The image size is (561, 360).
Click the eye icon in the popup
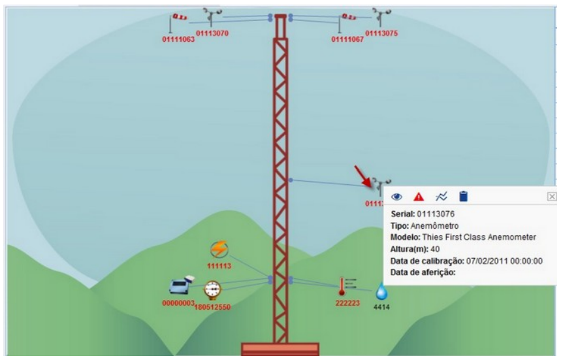tap(397, 196)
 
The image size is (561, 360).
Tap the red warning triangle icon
tap(419, 196)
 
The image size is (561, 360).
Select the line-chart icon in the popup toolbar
tap(441, 196)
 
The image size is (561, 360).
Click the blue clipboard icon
tap(463, 196)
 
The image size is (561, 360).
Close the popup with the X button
tap(551, 196)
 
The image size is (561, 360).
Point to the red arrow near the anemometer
tap(361, 176)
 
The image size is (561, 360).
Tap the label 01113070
tap(212, 33)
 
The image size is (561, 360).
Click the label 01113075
tap(381, 33)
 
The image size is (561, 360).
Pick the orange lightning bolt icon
tap(219, 249)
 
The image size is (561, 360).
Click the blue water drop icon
tap(381, 291)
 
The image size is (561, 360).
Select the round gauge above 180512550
tap(212, 289)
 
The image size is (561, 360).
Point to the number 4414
tap(381, 307)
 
